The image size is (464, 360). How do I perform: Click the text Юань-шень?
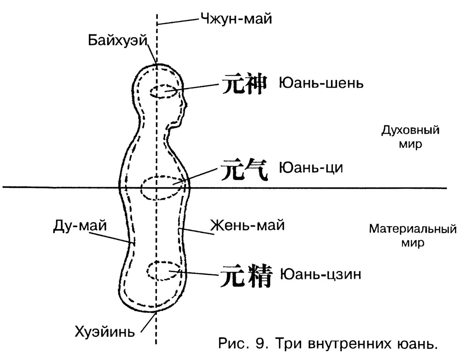tap(321, 83)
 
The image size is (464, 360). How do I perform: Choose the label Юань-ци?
tap(311, 168)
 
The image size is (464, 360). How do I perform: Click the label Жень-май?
tap(247, 225)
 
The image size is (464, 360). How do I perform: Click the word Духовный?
tap(410, 130)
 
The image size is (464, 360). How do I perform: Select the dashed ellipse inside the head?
tap(164, 91)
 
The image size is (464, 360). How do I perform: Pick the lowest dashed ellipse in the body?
tap(164, 271)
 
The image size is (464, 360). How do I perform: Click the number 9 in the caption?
tap(260, 343)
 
